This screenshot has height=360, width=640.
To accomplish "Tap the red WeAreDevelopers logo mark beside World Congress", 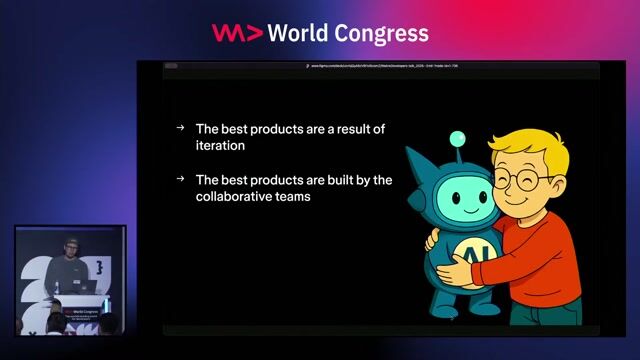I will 237,32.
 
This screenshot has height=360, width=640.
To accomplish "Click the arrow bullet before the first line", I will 180,128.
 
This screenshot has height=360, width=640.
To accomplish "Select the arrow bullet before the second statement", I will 180,179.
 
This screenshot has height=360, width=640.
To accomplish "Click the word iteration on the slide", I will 221,146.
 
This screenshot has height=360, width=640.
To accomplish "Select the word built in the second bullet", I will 309,179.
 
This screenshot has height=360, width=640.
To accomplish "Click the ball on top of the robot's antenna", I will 457,138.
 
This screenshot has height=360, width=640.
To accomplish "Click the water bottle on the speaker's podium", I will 57,288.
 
